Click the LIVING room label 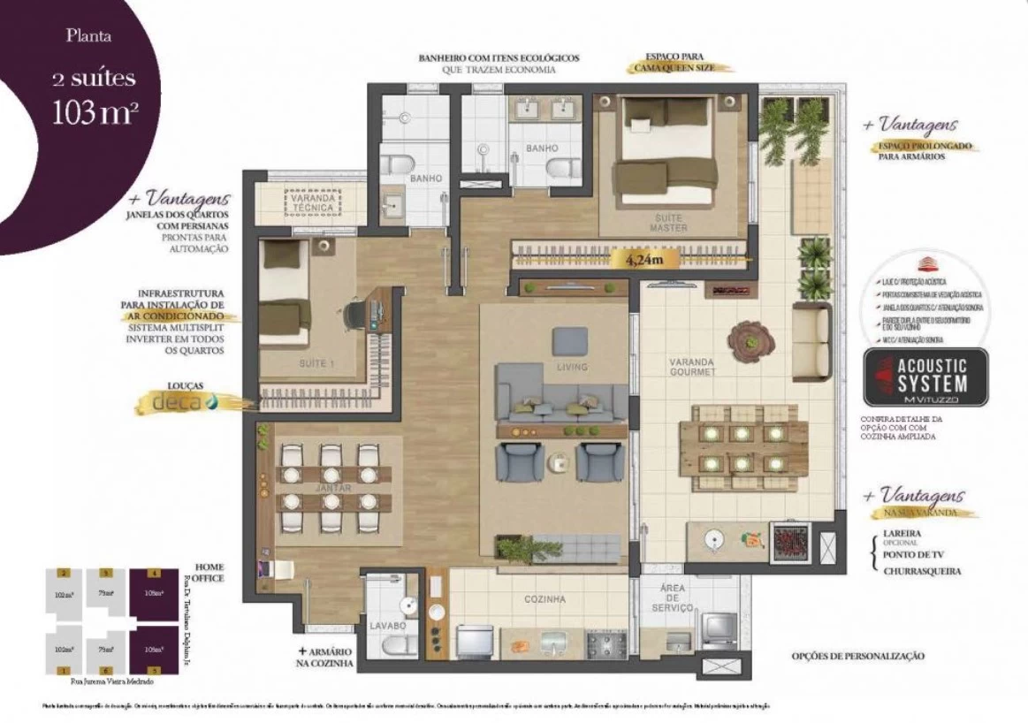coord(571,367)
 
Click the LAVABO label coord(388,625)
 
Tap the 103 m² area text coord(94,112)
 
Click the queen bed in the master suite coord(666,150)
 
